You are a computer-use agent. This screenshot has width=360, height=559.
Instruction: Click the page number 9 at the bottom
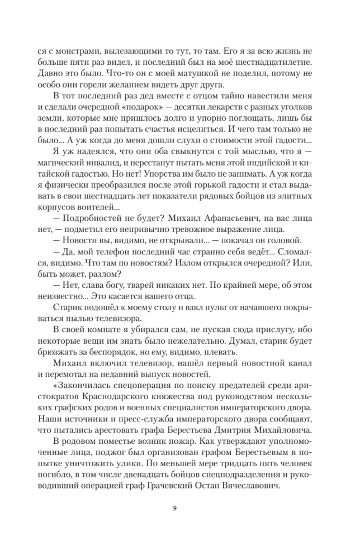tap(180, 509)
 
